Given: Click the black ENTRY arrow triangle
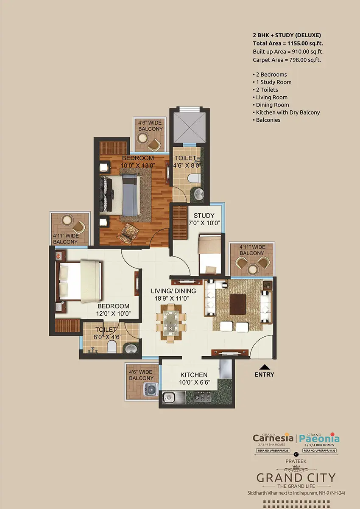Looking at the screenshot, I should click(x=265, y=367).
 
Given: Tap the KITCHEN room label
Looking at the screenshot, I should click(x=194, y=375).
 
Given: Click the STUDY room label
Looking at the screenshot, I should click(x=204, y=215).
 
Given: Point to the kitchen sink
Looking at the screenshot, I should click(x=169, y=397).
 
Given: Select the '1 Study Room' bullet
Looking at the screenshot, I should click(x=273, y=82).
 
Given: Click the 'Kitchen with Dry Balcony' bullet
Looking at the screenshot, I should click(x=287, y=112).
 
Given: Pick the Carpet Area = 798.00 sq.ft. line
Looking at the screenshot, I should click(x=286, y=60).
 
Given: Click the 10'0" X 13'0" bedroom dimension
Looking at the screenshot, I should click(x=138, y=165).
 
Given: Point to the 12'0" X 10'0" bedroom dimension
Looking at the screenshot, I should click(x=113, y=314).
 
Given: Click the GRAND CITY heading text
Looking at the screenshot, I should click(x=296, y=478).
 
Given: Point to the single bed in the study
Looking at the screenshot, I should click(x=209, y=255).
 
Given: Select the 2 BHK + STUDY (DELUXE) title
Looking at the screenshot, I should click(x=287, y=36).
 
